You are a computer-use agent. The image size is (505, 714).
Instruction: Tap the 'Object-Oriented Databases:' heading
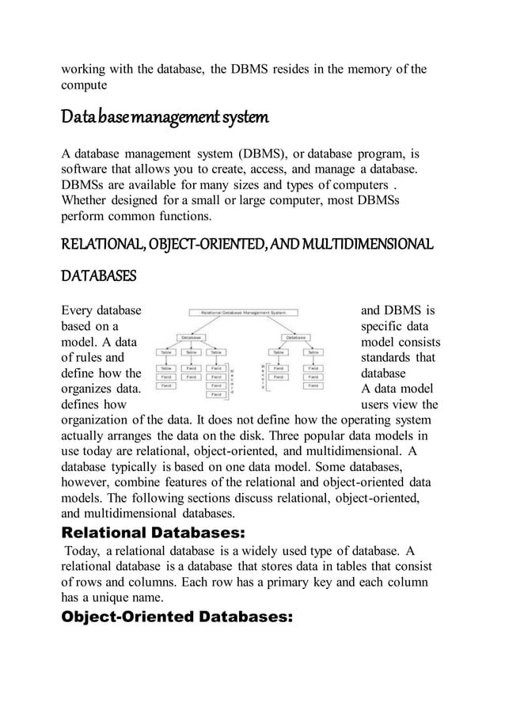coord(177,617)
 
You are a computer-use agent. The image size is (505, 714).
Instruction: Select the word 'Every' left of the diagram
coord(80,310)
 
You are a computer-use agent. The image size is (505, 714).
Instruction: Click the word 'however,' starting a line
coord(89,482)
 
